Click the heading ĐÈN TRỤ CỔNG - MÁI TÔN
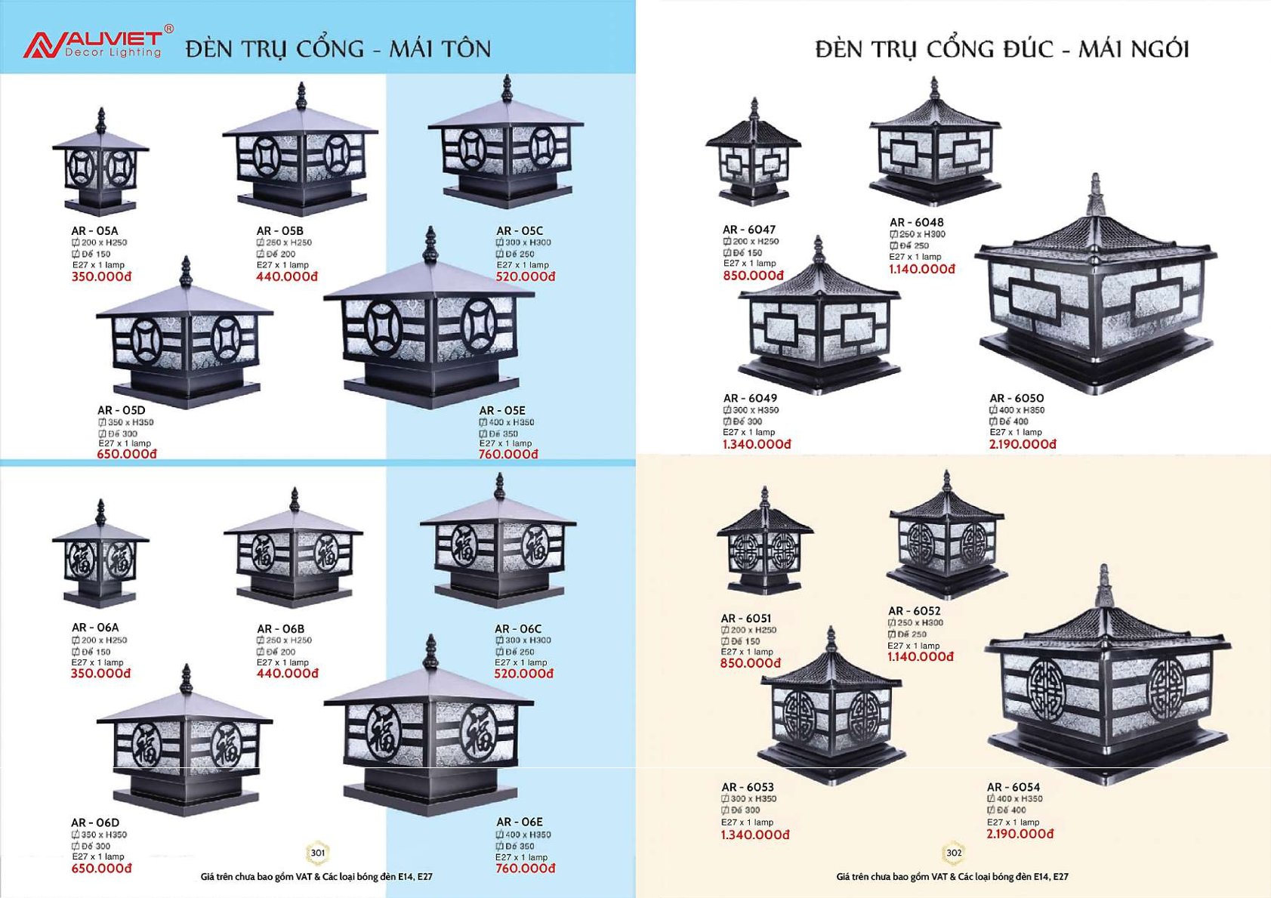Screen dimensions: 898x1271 [x=338, y=49]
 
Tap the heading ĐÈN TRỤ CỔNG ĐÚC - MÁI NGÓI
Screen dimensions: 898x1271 [x=1001, y=49]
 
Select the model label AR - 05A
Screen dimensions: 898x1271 [x=94, y=231]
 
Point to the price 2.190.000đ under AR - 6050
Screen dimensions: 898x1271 [x=1023, y=445]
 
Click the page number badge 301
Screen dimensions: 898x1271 [x=318, y=853]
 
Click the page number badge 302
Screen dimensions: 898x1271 [x=954, y=853]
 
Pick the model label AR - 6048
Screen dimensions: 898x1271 [x=916, y=222]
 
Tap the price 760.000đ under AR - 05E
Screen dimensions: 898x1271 [x=508, y=455]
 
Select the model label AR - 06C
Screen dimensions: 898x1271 [x=518, y=628]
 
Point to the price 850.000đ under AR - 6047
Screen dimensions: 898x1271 [x=753, y=276]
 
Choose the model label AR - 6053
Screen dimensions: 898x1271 [x=747, y=787]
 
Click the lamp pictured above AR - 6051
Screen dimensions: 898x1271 [x=764, y=544]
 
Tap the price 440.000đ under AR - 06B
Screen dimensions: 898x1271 [x=287, y=674]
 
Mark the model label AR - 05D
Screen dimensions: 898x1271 [x=121, y=410]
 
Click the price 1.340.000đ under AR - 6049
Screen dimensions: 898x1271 [x=756, y=445]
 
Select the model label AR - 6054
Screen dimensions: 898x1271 [x=1013, y=787]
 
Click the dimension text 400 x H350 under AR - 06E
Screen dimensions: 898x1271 [x=527, y=835]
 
